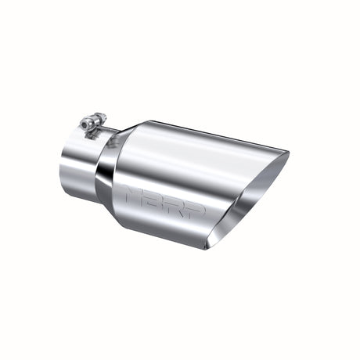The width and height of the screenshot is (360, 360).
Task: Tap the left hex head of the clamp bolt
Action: pos(82,125)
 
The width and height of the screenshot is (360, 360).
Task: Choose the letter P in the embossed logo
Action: pos(196,207)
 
